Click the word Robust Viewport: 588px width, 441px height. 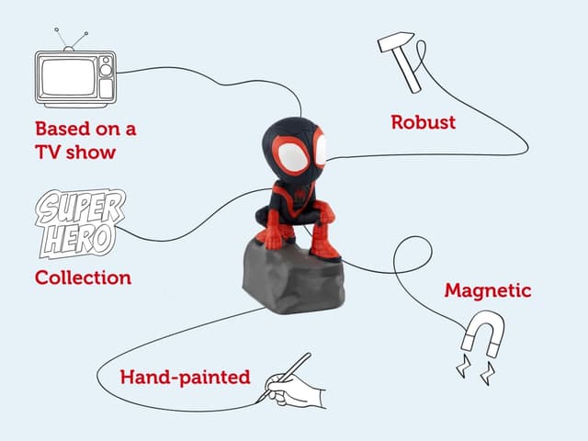[x=424, y=122]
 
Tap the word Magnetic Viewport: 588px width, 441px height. [x=488, y=290]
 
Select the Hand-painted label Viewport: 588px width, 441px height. [x=186, y=378]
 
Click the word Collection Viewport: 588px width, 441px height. [x=84, y=277]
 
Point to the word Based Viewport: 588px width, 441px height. [x=63, y=129]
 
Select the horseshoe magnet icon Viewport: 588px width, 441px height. [x=483, y=334]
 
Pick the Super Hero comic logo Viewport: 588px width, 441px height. [x=80, y=223]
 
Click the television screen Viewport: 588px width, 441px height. [x=68, y=77]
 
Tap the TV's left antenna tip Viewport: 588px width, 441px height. [x=56, y=29]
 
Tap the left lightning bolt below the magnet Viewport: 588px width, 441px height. [x=463, y=366]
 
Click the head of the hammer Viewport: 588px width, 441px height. [x=395, y=41]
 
